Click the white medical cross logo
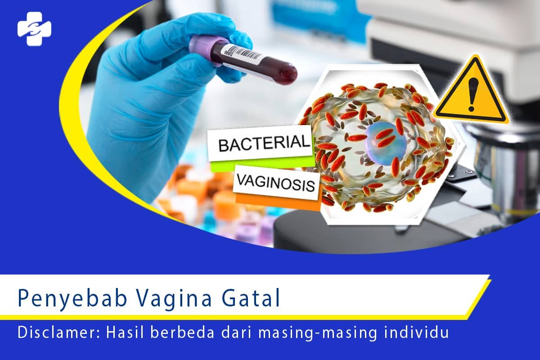click(x=34, y=28)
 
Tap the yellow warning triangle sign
click(x=470, y=92)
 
